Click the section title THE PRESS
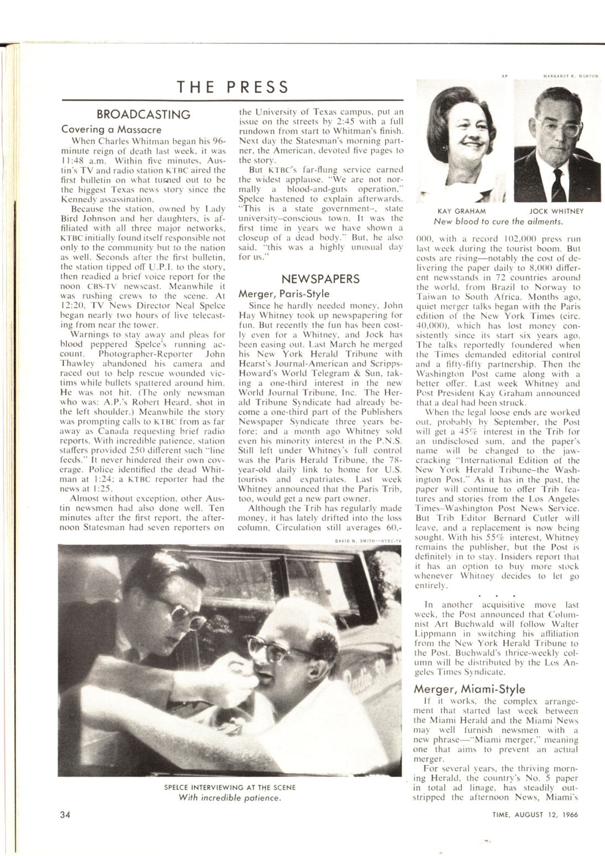tap(233, 87)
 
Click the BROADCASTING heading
tap(143, 114)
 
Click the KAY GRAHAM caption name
tap(461, 211)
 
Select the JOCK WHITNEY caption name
tap(556, 211)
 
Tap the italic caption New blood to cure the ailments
tap(498, 221)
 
